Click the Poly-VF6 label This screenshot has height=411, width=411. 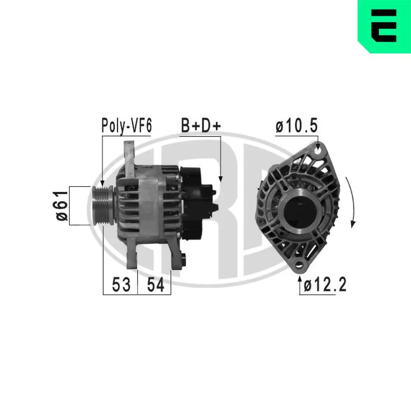coord(127,126)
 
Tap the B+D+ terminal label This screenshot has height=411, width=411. coord(201,126)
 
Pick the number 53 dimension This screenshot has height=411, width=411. coord(121,284)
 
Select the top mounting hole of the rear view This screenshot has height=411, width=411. coord(317,151)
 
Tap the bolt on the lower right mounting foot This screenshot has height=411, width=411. coord(183,260)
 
